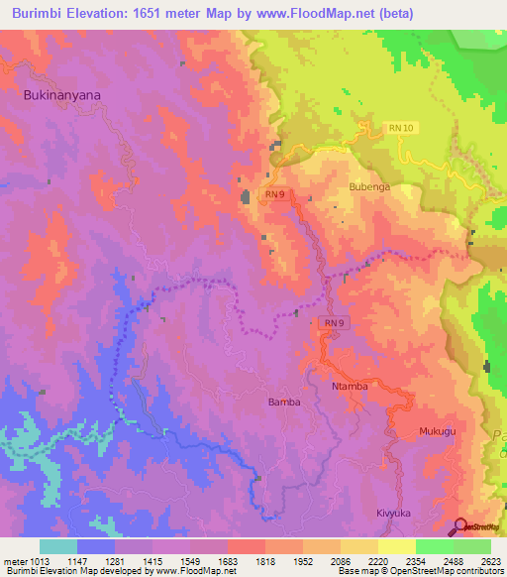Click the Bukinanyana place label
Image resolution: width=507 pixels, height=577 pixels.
(61, 95)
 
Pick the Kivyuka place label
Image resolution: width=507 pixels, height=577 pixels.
(392, 514)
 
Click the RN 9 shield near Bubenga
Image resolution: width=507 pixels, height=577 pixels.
(275, 195)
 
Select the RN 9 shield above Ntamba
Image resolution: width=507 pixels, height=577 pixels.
(334, 323)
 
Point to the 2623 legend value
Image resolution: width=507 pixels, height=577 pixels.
(491, 562)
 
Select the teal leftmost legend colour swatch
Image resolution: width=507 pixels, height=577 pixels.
(57, 546)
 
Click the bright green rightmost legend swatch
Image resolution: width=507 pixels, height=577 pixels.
(472, 546)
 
